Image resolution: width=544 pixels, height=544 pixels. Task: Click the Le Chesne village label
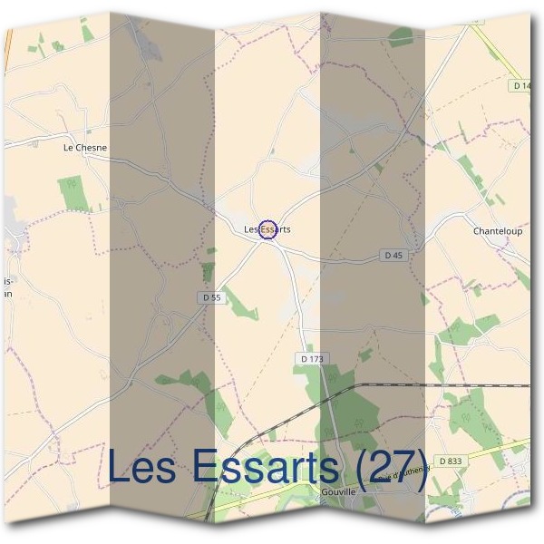[85, 147]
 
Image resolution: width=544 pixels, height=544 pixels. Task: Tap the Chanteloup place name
[498, 231]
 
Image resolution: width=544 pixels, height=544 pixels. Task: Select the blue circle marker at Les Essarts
[267, 229]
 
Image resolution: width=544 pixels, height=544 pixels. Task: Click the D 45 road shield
[393, 256]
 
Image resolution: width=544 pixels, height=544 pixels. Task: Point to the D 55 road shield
[211, 297]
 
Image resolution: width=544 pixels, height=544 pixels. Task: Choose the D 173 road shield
[311, 360]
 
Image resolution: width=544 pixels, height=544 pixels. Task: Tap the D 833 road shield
[450, 461]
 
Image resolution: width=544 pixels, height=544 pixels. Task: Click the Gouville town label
[337, 492]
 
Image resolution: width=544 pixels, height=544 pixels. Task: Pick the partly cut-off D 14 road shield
[520, 85]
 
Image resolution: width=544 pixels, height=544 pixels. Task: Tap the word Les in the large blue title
[145, 467]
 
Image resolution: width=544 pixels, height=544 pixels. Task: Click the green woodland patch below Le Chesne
[73, 193]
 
